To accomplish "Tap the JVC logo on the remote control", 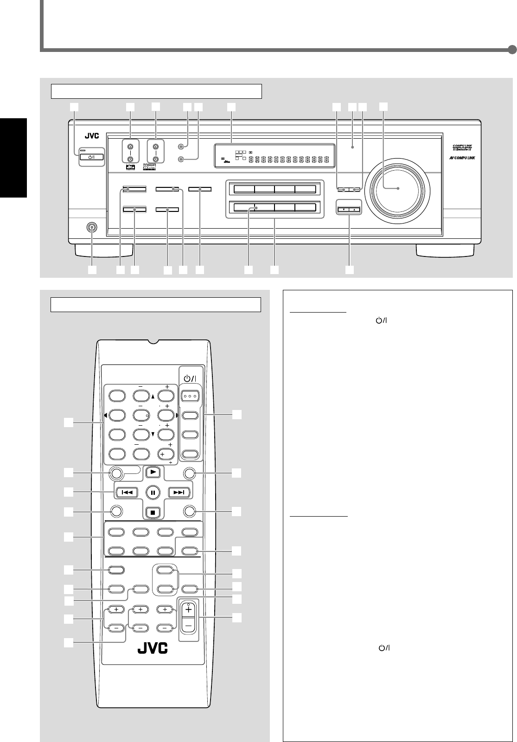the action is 152,647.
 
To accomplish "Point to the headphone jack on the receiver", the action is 92,228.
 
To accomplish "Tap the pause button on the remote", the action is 153,492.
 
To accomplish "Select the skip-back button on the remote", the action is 126,492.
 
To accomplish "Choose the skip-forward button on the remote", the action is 179,492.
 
